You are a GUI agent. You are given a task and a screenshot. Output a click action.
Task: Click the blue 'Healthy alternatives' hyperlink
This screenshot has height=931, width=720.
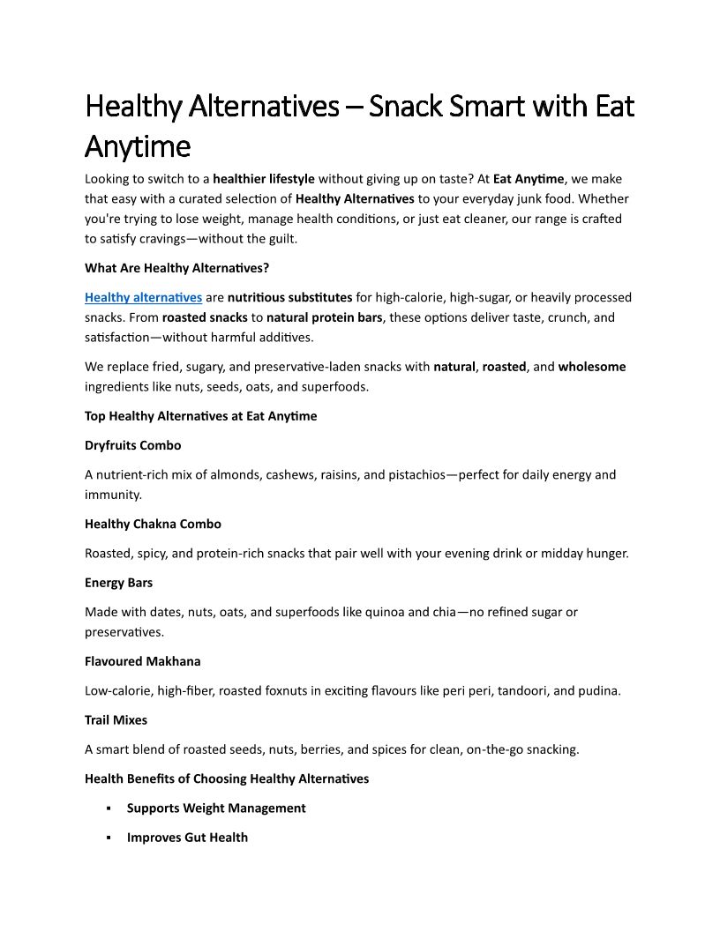click(143, 298)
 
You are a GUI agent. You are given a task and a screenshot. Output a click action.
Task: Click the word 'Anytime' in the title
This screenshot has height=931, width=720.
click(138, 145)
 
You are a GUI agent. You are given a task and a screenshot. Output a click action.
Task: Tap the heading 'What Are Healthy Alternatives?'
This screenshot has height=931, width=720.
click(176, 268)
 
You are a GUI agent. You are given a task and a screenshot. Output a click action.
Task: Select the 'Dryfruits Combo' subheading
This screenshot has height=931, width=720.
click(133, 445)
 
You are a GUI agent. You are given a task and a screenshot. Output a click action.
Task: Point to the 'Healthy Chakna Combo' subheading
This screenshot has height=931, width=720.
click(153, 524)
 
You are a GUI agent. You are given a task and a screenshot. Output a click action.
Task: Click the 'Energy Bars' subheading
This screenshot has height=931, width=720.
click(118, 583)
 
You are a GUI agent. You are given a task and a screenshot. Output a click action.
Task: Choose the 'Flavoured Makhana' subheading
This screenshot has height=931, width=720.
click(142, 661)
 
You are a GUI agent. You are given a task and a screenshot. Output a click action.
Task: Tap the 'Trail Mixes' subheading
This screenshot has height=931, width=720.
click(116, 720)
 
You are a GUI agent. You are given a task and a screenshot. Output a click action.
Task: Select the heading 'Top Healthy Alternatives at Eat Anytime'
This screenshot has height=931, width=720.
click(200, 416)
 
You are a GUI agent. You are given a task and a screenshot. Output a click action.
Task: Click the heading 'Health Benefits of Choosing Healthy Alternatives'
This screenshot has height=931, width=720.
click(227, 778)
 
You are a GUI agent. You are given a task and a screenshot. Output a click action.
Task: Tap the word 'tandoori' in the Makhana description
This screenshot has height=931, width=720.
click(523, 691)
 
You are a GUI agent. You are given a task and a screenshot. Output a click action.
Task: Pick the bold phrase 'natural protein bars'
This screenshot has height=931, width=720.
click(325, 317)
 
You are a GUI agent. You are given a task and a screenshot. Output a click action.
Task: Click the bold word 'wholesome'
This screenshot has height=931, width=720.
click(592, 367)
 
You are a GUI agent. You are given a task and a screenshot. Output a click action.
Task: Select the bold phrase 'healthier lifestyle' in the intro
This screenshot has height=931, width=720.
click(264, 179)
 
